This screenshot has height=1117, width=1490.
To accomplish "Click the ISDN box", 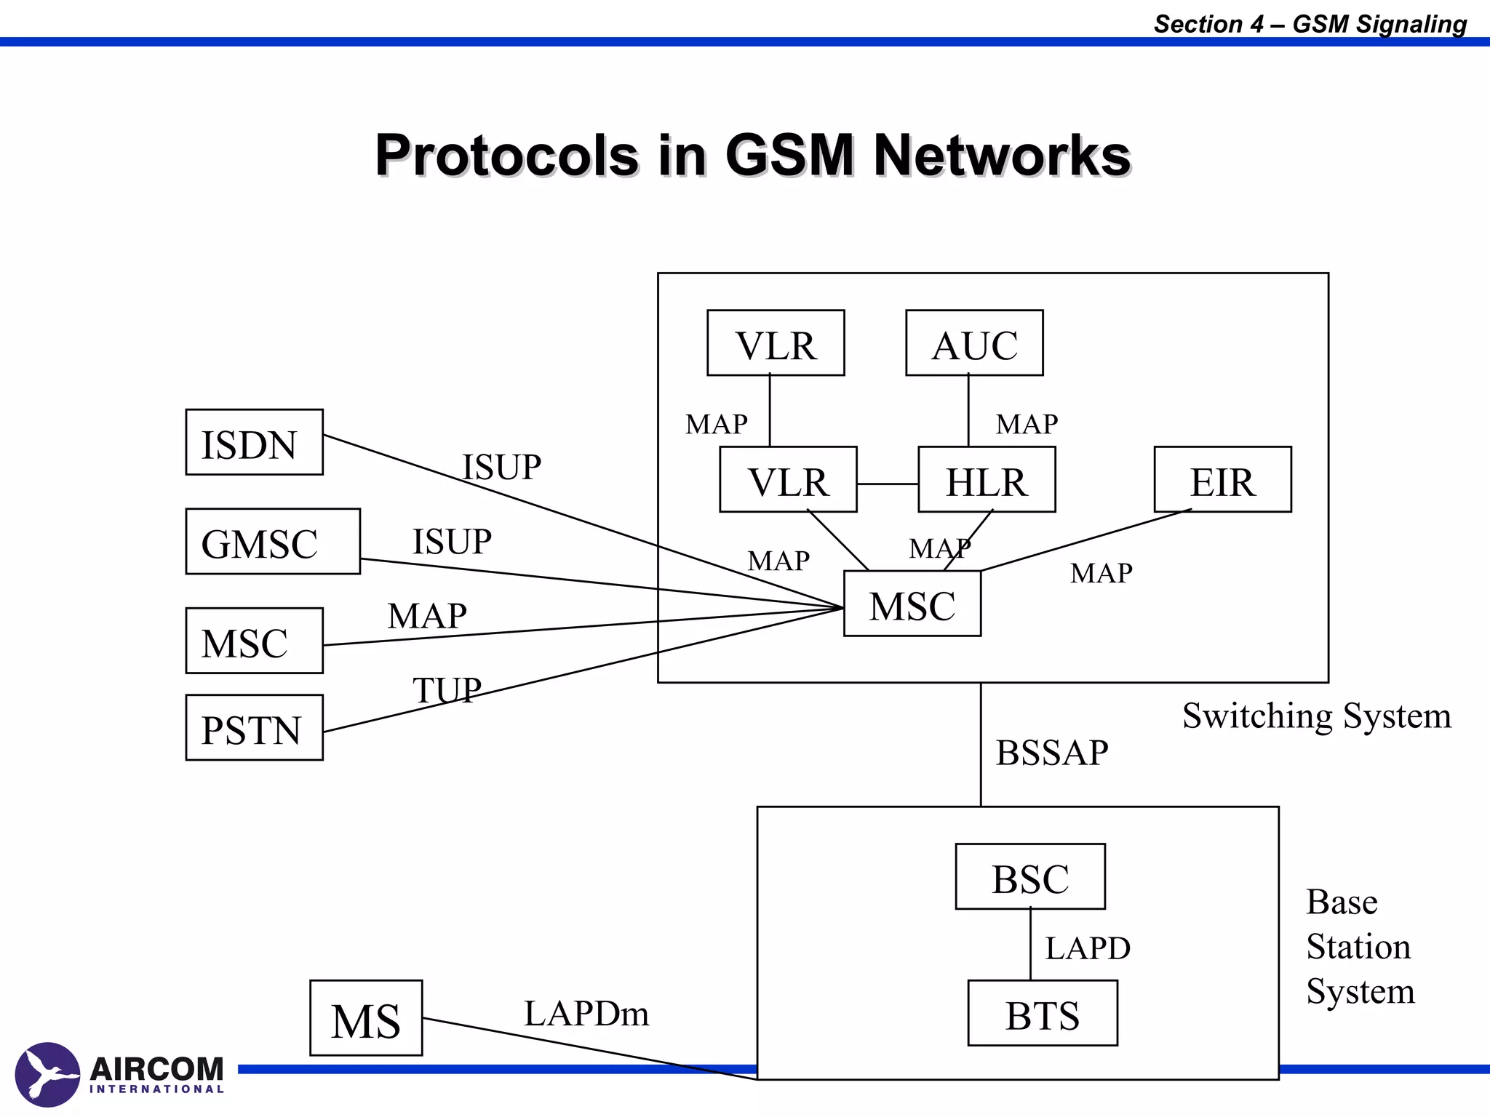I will pyautogui.click(x=254, y=442).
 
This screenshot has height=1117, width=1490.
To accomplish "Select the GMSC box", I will pyautogui.click(x=273, y=542).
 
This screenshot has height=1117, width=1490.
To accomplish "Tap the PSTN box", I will pyautogui.click(x=254, y=728).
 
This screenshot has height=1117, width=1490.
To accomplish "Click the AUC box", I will pyautogui.click(x=974, y=343).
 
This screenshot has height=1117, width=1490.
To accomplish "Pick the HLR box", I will pyautogui.click(x=987, y=480).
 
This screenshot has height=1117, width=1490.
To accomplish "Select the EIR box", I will pyautogui.click(x=1222, y=480).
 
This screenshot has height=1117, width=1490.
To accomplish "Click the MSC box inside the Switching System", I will pyautogui.click(x=912, y=604).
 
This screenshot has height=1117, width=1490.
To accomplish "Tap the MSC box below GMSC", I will pyautogui.click(x=254, y=641).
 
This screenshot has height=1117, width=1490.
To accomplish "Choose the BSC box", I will pyautogui.click(x=1030, y=877).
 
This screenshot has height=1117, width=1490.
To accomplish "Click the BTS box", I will pyautogui.click(x=1043, y=1014).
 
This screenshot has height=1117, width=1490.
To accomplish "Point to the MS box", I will pyautogui.click(x=366, y=1018).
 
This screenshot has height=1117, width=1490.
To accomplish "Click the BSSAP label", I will pyautogui.click(x=1052, y=753).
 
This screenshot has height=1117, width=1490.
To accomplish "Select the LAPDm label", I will pyautogui.click(x=586, y=1013).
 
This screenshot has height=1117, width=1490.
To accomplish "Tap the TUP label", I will pyautogui.click(x=447, y=689).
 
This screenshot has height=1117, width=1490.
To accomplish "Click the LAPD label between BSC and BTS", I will pyautogui.click(x=1088, y=948).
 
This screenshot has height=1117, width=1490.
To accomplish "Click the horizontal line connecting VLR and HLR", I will pyautogui.click(x=888, y=484).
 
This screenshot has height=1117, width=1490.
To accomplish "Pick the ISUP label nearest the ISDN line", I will pyautogui.click(x=502, y=467).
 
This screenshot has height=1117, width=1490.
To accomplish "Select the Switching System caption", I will pyautogui.click(x=1316, y=716).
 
